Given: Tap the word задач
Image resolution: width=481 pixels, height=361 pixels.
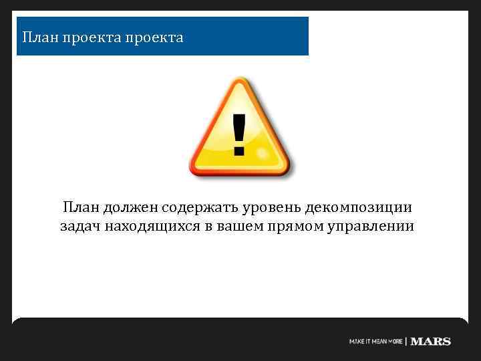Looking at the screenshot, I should click(x=79, y=226).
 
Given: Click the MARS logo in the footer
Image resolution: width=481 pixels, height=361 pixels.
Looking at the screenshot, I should click(x=431, y=342).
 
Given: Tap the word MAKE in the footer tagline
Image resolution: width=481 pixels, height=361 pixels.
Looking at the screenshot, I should click(x=357, y=342).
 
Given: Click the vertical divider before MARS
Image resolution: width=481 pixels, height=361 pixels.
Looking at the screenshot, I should click(x=406, y=342).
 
